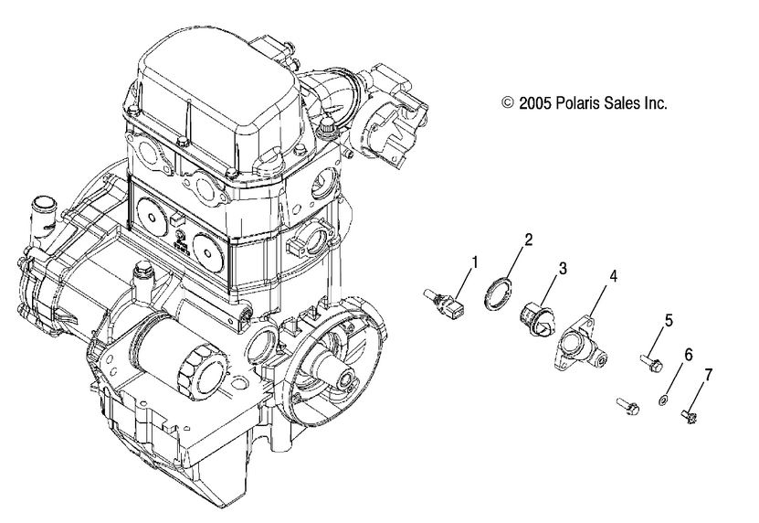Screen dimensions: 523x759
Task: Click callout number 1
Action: pyautogui.click(x=473, y=262)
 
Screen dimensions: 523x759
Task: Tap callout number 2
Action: pyautogui.click(x=528, y=241)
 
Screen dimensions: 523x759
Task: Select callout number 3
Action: pyautogui.click(x=564, y=269)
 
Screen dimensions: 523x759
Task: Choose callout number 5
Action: pyautogui.click(x=669, y=320)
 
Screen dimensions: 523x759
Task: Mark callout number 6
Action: pyautogui.click(x=689, y=352)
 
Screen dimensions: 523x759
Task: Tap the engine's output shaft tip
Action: pyautogui.click(x=349, y=377)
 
